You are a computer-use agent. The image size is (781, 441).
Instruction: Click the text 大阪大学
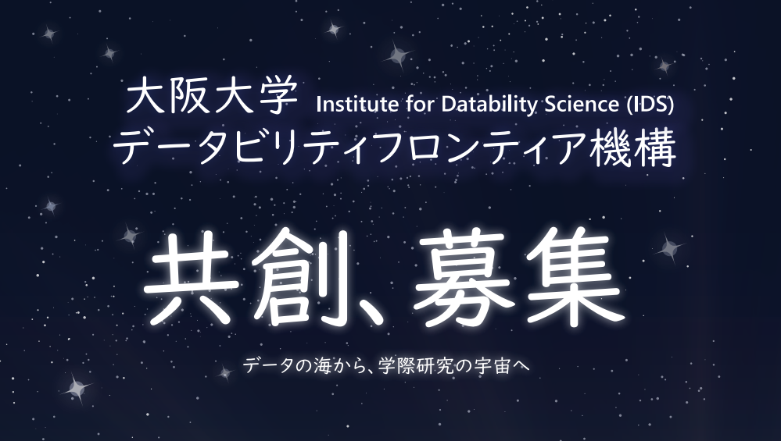[x=212, y=96]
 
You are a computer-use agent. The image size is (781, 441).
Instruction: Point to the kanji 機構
[x=632, y=148]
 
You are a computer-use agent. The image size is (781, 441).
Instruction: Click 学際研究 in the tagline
[x=415, y=366]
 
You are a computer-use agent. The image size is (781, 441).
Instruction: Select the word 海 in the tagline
[x=322, y=366]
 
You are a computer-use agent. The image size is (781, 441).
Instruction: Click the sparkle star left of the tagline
[x=225, y=373]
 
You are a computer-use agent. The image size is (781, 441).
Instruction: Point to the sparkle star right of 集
[x=669, y=248]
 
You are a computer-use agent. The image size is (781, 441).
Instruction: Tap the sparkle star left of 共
[x=130, y=237]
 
